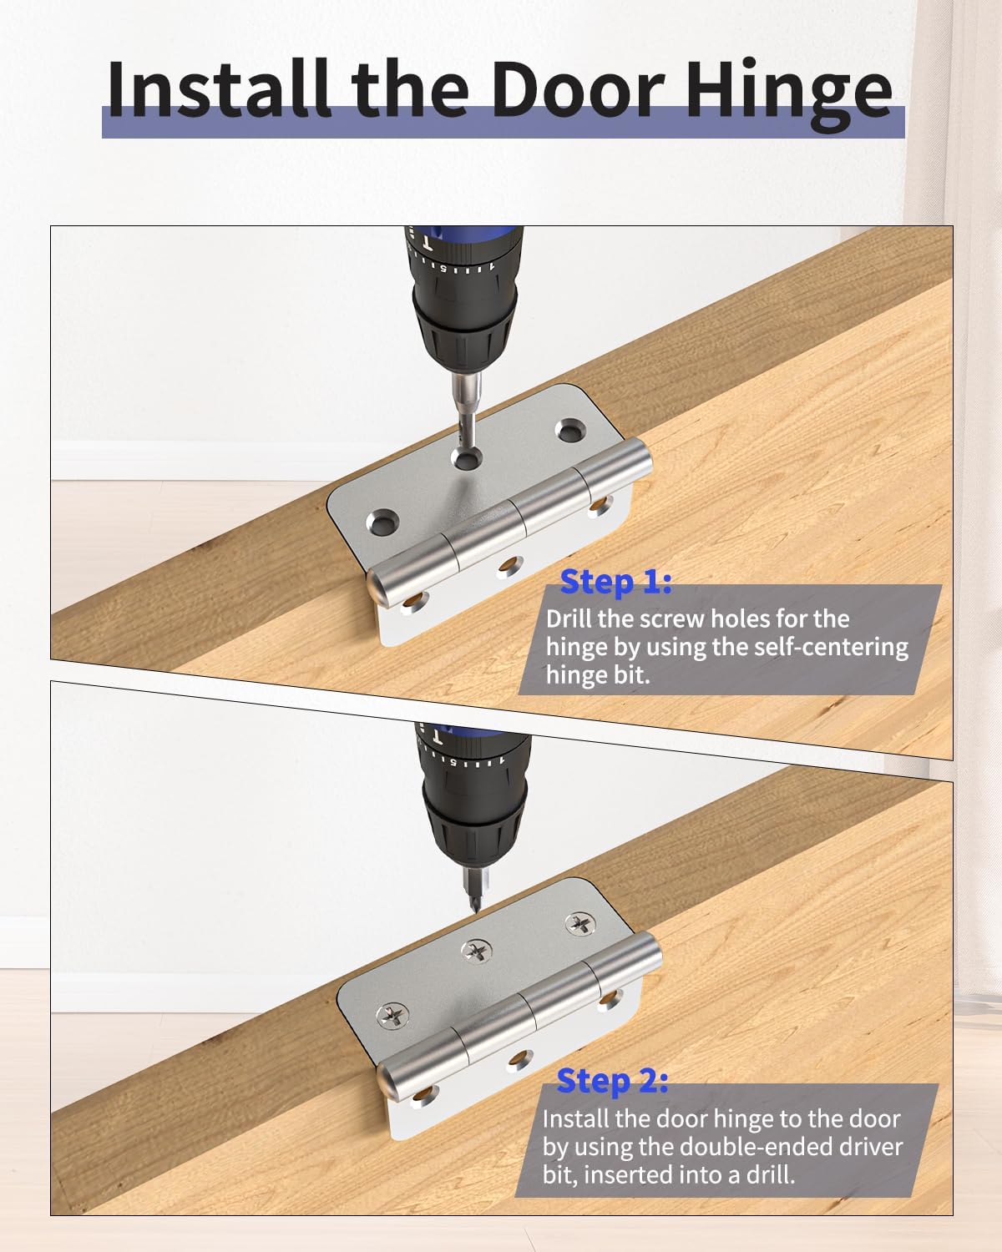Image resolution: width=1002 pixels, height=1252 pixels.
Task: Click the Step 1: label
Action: pyautogui.click(x=615, y=582)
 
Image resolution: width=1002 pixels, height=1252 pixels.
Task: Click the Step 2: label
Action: pyautogui.click(x=612, y=1081)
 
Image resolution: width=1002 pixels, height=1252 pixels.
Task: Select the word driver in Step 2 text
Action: pyautogui.click(x=864, y=1146)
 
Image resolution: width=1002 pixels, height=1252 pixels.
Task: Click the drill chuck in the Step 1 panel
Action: pyautogui.click(x=466, y=334)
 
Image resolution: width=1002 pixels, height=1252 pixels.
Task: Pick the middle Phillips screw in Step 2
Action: pyautogui.click(x=478, y=948)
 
